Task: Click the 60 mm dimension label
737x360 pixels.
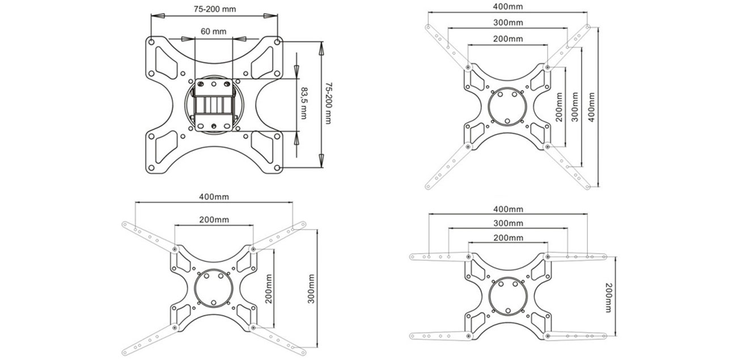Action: click(x=213, y=32)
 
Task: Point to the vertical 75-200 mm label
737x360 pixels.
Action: click(x=328, y=103)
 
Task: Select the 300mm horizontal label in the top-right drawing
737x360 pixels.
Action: click(x=507, y=23)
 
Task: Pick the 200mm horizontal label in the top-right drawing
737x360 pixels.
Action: click(x=507, y=39)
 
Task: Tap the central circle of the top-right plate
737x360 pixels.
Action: click(x=507, y=105)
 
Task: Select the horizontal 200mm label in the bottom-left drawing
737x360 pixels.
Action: click(x=213, y=219)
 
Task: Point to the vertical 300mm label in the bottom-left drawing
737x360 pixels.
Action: click(x=311, y=289)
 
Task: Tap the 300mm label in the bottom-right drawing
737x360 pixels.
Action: click(x=509, y=224)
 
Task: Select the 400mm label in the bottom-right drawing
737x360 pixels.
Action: click(x=509, y=210)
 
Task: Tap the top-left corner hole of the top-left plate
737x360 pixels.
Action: click(x=151, y=41)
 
